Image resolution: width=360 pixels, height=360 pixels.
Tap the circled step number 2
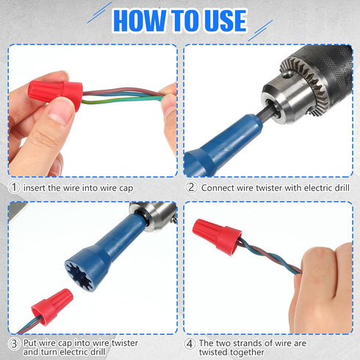point(191,187)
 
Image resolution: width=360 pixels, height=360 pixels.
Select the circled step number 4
point(190,344)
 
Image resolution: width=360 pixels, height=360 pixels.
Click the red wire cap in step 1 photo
point(55,93)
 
